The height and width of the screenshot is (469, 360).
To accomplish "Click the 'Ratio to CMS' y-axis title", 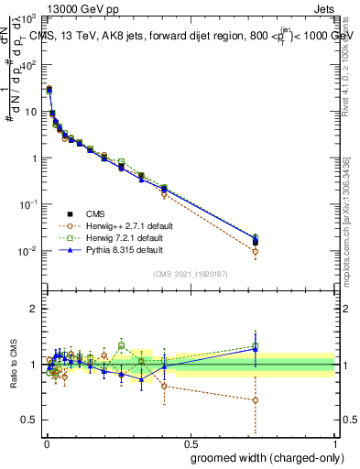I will tap(12, 365).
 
